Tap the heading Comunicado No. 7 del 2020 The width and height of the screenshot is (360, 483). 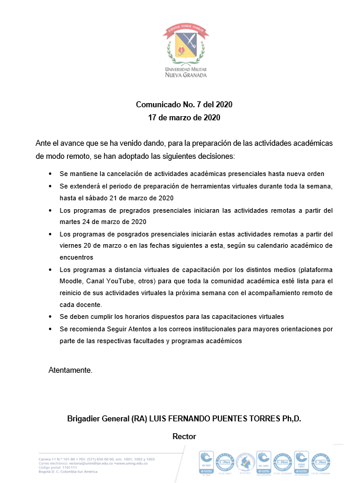click(x=184, y=104)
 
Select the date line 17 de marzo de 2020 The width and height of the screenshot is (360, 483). click(x=184, y=117)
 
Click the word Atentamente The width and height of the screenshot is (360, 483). click(x=71, y=370)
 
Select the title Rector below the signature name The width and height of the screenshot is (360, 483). click(x=184, y=436)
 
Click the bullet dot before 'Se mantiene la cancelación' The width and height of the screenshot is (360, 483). click(x=50, y=174)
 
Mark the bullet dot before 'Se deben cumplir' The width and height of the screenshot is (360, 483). click(x=50, y=316)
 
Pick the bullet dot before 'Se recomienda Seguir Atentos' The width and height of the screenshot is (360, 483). click(x=50, y=328)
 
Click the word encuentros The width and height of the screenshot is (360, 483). click(x=77, y=257)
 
